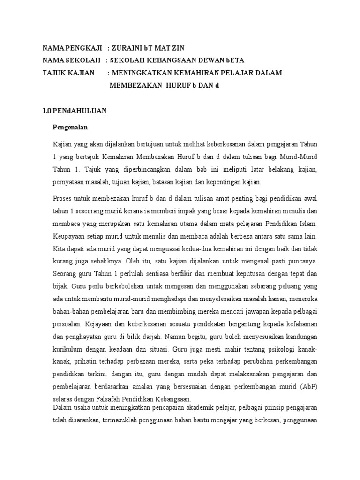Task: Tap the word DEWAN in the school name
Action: tap(203, 60)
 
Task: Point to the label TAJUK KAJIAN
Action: tap(68, 73)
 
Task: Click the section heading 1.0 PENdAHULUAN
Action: tap(75, 111)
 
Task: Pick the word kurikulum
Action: tap(70, 349)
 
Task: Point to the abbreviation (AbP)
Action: tap(309, 387)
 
